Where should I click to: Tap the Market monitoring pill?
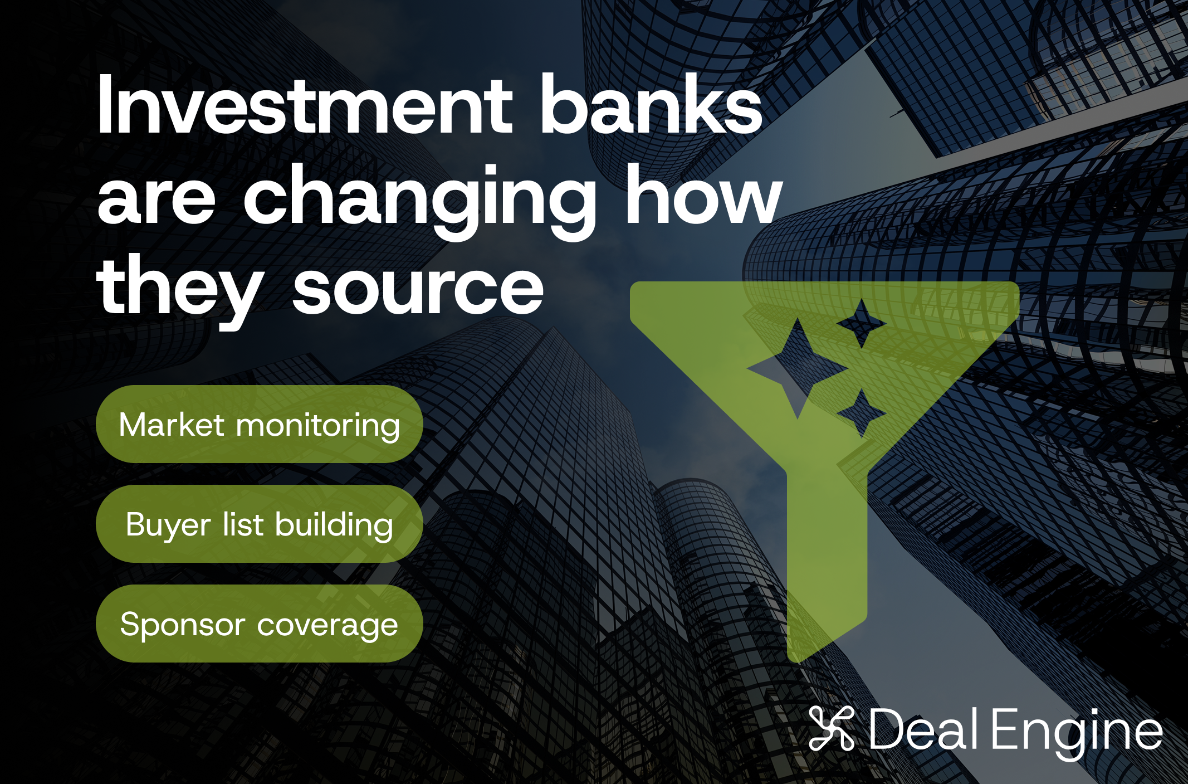[x=260, y=424]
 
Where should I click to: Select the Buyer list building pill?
[x=260, y=524]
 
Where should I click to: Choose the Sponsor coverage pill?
[x=260, y=624]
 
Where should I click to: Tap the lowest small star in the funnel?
[x=862, y=413]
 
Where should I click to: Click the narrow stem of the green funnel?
[x=827, y=557]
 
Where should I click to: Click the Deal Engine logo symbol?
[x=832, y=728]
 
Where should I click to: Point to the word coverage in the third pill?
[x=327, y=625]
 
